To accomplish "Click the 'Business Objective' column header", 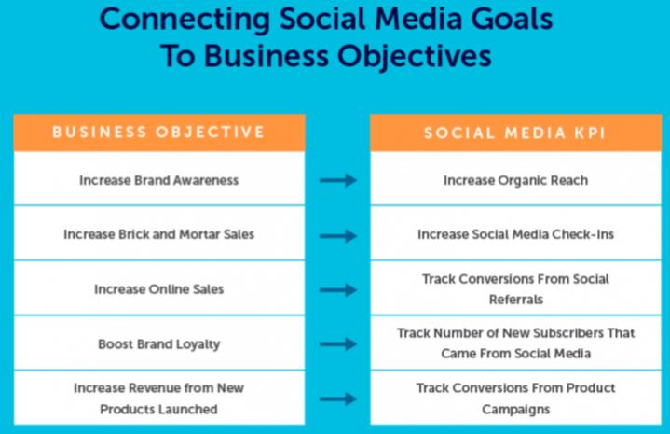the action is [x=158, y=133].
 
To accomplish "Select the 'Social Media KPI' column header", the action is [x=515, y=133].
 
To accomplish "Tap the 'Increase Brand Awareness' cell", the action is [x=159, y=180].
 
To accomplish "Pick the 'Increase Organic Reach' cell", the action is [x=515, y=181].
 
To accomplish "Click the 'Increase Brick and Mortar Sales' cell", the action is [x=159, y=234].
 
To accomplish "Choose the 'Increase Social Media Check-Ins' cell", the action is [x=515, y=234].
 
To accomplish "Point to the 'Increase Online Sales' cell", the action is [x=159, y=289].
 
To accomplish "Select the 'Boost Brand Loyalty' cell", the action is [x=159, y=344].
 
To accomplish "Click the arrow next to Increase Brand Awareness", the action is [x=338, y=180].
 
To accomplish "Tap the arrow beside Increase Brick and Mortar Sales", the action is [x=338, y=235].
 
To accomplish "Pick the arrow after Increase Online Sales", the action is [x=338, y=290].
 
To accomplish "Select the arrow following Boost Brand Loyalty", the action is [x=338, y=344].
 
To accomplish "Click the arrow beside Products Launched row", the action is [x=338, y=399].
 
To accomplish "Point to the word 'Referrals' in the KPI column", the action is [x=516, y=300].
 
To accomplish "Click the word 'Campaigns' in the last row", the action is [x=516, y=410].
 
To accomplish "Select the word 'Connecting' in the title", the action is [x=185, y=21].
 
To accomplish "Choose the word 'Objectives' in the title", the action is [x=414, y=56].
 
